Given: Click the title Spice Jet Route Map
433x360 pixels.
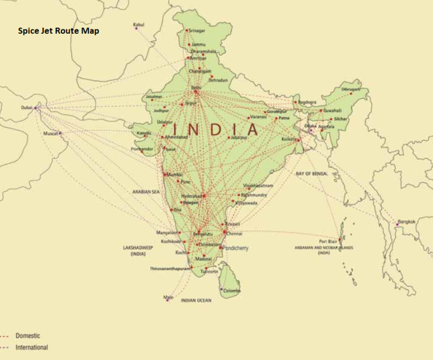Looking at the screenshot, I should pyautogui.click(x=58, y=31).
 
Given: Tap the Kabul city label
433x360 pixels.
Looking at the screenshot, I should pyautogui.click(x=138, y=25).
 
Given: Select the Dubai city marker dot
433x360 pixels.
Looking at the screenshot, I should pyautogui.click(x=36, y=107).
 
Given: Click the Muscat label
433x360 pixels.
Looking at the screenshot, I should pyautogui.click(x=50, y=134).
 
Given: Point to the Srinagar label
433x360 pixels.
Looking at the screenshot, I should pyautogui.click(x=197, y=30).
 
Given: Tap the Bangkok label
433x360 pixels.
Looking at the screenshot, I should pyautogui.click(x=407, y=221).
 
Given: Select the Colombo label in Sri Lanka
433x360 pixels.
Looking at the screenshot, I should pyautogui.click(x=232, y=290).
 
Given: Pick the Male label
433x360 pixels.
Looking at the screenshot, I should pyautogui.click(x=168, y=297).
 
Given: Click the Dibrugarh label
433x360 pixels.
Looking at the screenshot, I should pyautogui.click(x=350, y=90).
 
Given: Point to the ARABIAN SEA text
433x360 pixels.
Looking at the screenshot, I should pyautogui.click(x=147, y=192).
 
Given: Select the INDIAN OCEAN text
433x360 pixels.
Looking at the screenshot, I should pyautogui.click(x=196, y=301).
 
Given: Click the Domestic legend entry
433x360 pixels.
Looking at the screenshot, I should pyautogui.click(x=28, y=336).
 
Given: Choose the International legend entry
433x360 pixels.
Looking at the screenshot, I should pyautogui.click(x=32, y=348).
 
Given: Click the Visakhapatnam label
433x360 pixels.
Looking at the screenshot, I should pyautogui.click(x=258, y=185).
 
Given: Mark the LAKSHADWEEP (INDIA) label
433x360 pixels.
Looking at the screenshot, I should pyautogui.click(x=138, y=251).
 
